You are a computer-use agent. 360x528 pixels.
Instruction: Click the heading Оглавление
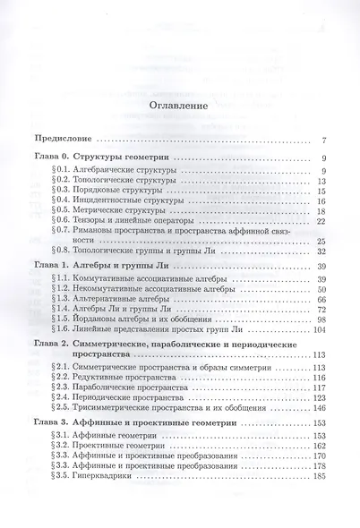[x=179, y=106]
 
